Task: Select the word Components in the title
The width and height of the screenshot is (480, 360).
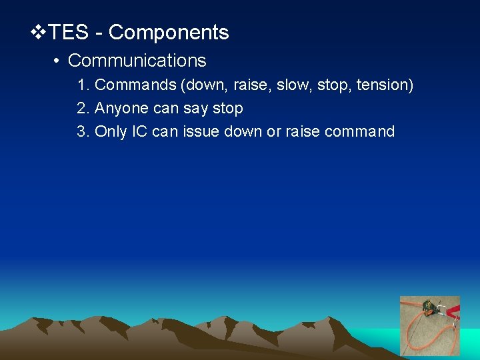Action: click(x=169, y=33)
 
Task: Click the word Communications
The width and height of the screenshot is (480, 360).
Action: click(x=137, y=61)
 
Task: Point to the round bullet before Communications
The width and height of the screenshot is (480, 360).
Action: click(x=57, y=61)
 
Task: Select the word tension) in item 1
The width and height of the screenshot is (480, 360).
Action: click(x=385, y=85)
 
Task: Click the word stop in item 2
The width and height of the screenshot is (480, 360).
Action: click(x=227, y=109)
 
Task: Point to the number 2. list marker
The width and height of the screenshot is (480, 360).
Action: click(x=83, y=108)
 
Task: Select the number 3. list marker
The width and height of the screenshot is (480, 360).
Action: click(x=83, y=131)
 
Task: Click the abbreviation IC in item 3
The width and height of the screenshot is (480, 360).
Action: click(x=139, y=131)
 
